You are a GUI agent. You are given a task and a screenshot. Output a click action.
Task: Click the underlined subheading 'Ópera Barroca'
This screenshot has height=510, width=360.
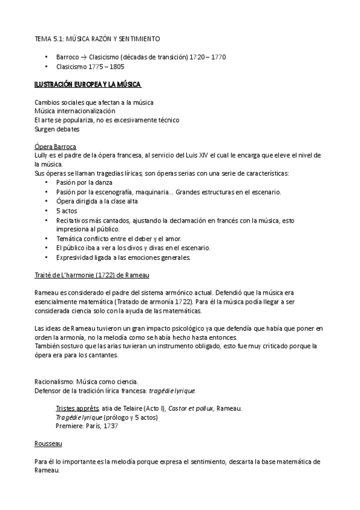55,146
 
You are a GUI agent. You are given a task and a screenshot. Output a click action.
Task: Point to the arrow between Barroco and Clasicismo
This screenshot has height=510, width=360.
84,57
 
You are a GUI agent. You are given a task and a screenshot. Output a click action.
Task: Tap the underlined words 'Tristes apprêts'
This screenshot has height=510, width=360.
78,408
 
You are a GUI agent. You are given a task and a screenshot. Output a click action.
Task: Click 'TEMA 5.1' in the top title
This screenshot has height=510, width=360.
47,38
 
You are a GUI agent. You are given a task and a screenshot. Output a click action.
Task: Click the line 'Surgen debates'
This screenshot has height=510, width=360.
57,129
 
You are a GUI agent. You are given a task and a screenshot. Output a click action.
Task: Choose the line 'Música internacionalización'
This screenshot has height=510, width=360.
75,111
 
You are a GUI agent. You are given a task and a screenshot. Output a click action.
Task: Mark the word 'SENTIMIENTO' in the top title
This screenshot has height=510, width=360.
140,38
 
